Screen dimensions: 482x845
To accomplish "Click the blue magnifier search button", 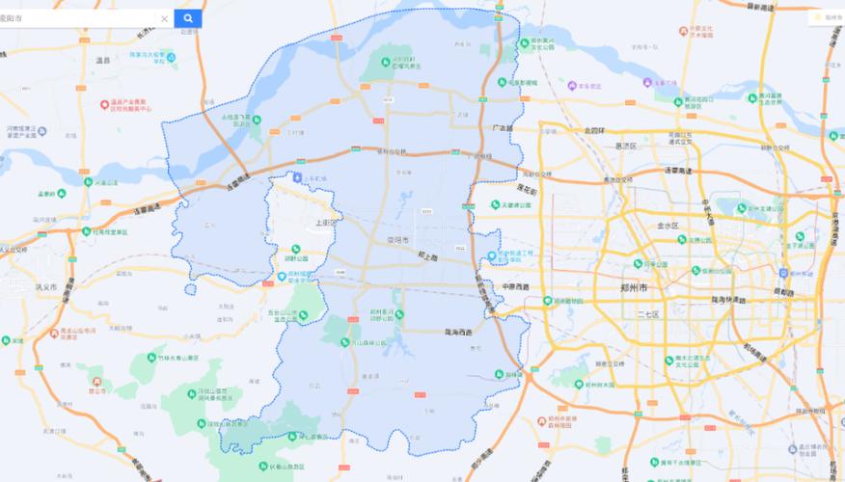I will click(x=188, y=18).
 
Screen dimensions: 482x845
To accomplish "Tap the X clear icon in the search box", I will click(x=164, y=18).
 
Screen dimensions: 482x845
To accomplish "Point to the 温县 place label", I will click(x=103, y=60).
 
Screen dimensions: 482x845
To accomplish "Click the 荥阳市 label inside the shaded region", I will click(x=398, y=239).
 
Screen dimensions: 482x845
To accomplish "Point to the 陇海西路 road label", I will click(x=459, y=332).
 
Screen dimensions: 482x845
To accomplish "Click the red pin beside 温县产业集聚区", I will click(x=105, y=104).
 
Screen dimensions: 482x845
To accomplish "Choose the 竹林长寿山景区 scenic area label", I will click(x=172, y=358).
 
